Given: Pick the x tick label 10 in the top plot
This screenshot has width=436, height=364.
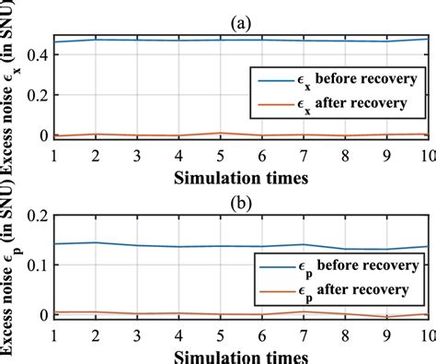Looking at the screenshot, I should coord(425,155).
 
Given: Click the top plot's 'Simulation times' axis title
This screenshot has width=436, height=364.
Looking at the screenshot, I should coord(240,175).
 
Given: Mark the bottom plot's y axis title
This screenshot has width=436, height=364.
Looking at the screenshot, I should coord(12,276).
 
